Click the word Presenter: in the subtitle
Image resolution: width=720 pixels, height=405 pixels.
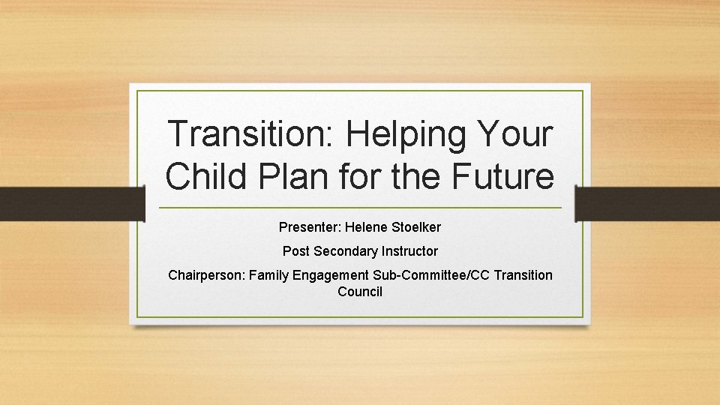[310, 226]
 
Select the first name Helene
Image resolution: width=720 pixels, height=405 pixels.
[365, 226]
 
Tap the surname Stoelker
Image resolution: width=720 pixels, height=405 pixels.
[415, 226]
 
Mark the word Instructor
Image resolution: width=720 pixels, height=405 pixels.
[409, 251]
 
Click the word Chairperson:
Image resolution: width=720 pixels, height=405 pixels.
[206, 275]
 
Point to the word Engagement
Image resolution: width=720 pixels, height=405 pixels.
[331, 276]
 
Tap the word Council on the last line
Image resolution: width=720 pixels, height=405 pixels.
[360, 292]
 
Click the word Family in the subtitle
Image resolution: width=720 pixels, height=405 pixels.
[268, 276]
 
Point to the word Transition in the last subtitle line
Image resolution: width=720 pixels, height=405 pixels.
[522, 275]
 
